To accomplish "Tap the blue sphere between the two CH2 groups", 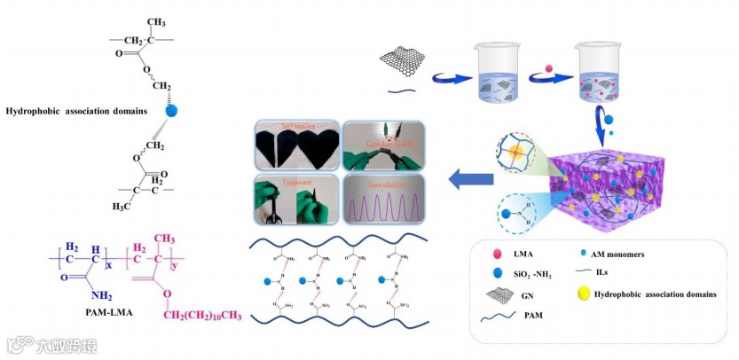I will (171, 112).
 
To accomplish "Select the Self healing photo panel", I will (292, 147).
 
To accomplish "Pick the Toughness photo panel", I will (292, 200).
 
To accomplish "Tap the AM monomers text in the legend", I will (637, 254).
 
